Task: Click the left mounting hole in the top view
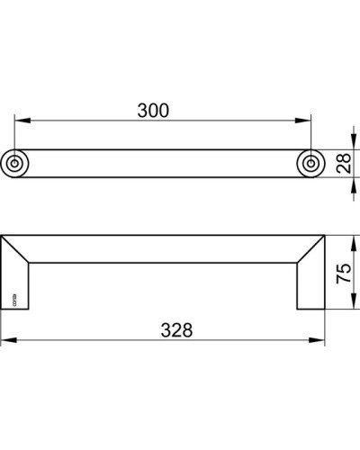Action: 16,163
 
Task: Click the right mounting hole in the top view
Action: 310,163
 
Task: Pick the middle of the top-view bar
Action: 163,163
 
